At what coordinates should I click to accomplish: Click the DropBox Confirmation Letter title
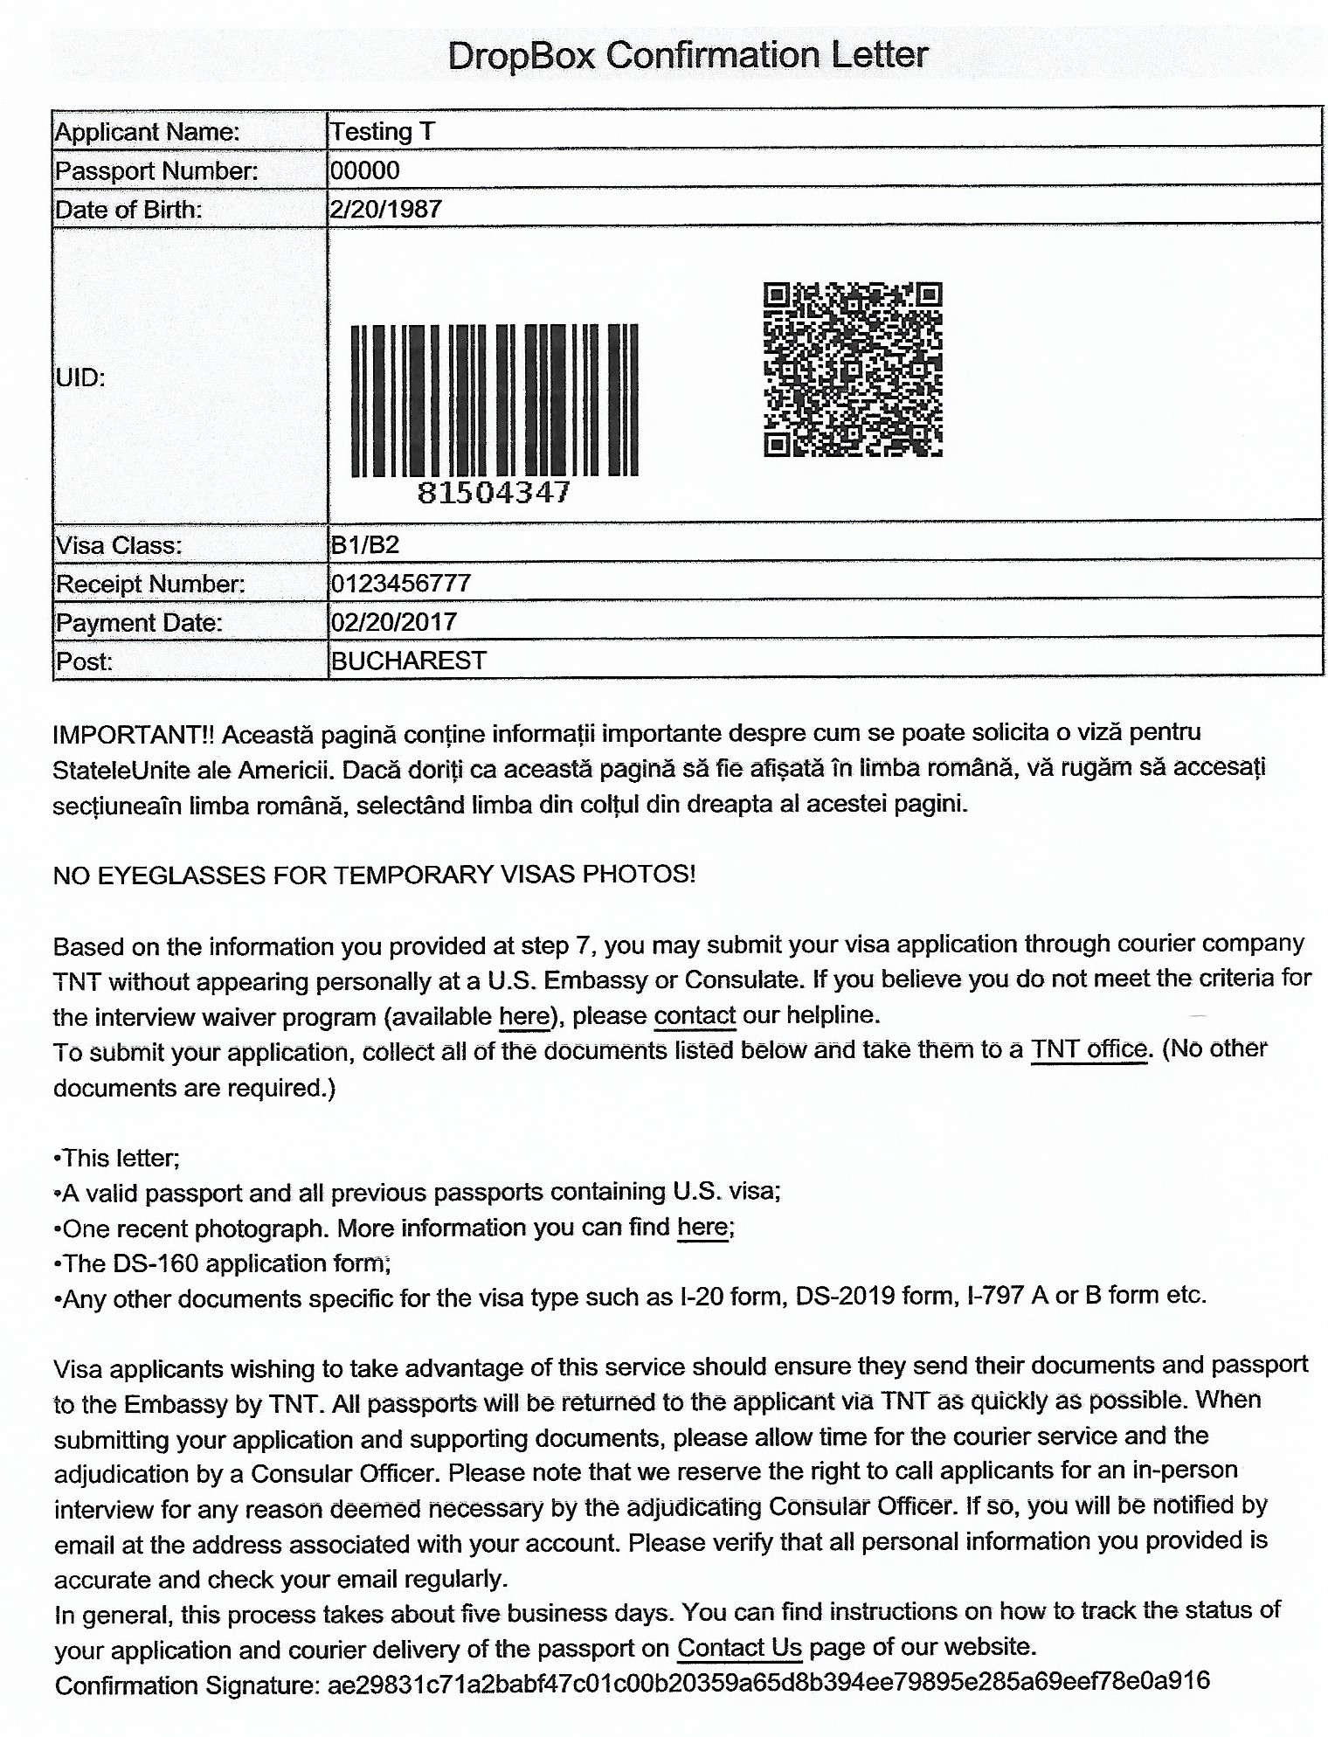point(687,56)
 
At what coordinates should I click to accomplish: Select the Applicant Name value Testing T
point(382,132)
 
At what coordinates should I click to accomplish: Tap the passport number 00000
point(364,170)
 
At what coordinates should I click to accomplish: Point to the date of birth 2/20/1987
point(385,209)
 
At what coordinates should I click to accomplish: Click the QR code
point(853,369)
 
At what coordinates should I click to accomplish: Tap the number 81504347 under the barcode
point(494,493)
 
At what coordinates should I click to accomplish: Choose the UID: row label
point(80,377)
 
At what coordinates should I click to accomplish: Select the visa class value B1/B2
point(364,545)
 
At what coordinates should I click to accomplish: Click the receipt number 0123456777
point(400,583)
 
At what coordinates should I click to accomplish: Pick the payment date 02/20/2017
point(393,621)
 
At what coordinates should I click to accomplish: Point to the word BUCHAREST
point(408,661)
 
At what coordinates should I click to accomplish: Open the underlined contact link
point(695,1015)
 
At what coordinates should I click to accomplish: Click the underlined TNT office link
point(1089,1048)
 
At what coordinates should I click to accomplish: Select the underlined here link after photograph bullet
point(702,1228)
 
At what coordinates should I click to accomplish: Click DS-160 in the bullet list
point(153,1263)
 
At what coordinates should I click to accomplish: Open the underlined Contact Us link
point(739,1648)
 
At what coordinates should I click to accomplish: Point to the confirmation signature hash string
point(768,1683)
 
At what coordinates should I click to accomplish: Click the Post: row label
point(84,661)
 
